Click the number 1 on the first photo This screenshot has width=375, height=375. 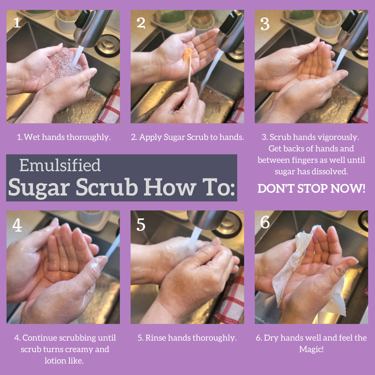[x=17, y=23]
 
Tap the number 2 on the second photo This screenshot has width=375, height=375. [x=141, y=23]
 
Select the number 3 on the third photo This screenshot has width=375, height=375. [x=265, y=23]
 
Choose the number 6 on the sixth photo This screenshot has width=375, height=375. [x=265, y=222]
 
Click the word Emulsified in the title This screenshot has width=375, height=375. [x=60, y=165]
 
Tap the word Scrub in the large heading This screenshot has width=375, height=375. [x=106, y=187]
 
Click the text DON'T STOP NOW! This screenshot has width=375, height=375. [x=311, y=189]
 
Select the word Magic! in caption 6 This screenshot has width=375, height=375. [x=311, y=349]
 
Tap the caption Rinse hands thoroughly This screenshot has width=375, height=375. [x=187, y=338]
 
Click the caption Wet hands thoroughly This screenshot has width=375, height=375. [x=64, y=137]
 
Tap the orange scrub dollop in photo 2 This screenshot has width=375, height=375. [x=187, y=54]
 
